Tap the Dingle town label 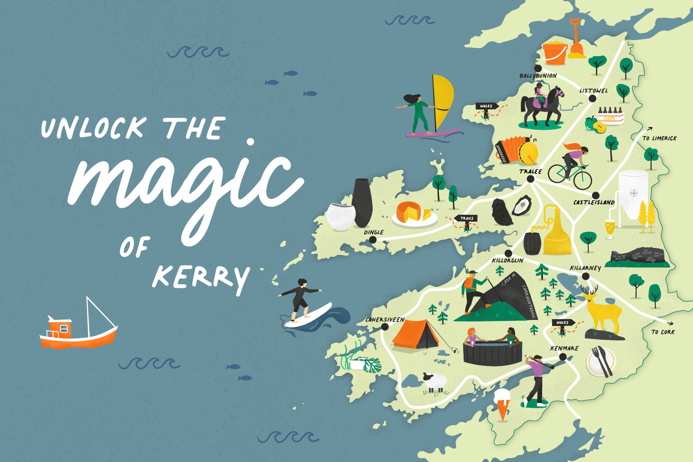373,232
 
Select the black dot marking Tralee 530,179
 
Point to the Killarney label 585,268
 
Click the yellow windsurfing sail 443,102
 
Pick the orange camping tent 416,335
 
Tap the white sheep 435,382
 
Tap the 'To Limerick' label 659,138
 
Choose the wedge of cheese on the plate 427,214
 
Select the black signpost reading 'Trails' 466,218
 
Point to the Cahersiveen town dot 385,327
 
